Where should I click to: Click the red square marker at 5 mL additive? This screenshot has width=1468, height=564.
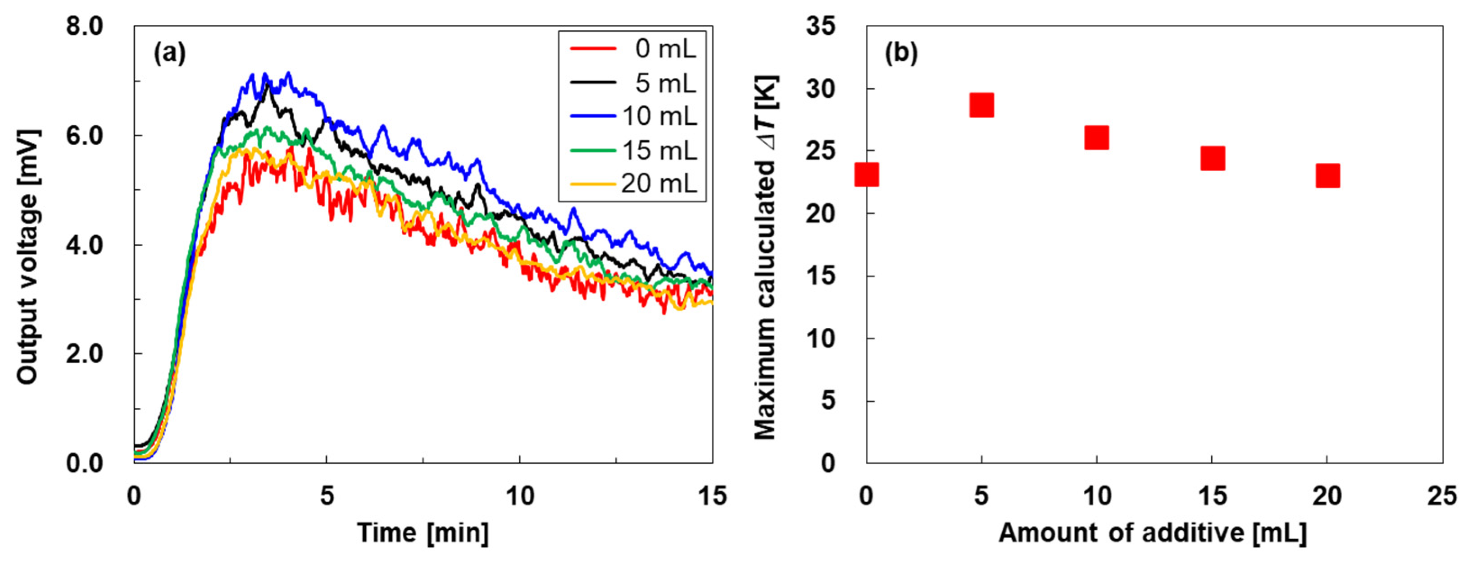pyautogui.click(x=982, y=105)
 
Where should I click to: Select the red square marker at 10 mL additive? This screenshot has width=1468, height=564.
pyautogui.click(x=1096, y=138)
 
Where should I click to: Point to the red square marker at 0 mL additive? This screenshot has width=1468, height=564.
pyautogui.click(x=867, y=174)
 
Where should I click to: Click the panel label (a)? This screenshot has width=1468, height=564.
pyautogui.click(x=169, y=53)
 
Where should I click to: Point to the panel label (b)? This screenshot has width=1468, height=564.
pyautogui.click(x=901, y=53)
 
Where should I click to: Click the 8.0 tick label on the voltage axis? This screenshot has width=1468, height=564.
pyautogui.click(x=84, y=27)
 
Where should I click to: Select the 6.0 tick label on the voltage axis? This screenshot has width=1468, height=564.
pyautogui.click(x=84, y=136)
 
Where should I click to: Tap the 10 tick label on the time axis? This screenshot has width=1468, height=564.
pyautogui.click(x=520, y=496)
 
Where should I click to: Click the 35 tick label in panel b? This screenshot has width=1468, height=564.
pyautogui.click(x=821, y=26)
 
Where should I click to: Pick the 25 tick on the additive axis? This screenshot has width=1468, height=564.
pyautogui.click(x=1442, y=496)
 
